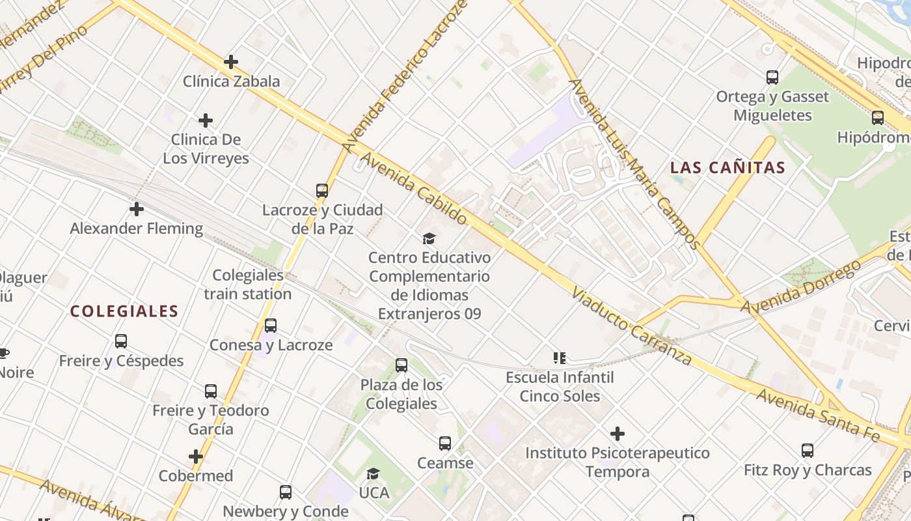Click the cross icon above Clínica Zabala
pos(231,62)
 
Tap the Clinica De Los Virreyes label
pos(206,148)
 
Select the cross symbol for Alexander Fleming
pos(137,209)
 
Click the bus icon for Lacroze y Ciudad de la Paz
pos(322,191)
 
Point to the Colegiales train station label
pos(248,285)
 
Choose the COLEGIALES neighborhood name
pos(124,311)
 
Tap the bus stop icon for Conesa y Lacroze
pos(271,326)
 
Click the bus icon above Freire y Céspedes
pos(121,341)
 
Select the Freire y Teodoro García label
pos(210,419)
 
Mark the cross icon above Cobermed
pos(196,457)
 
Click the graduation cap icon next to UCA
pos(373,474)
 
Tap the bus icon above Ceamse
pos(445,444)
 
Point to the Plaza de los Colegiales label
pos(401,394)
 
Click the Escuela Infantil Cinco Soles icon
pos(560,358)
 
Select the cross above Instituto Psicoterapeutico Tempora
pos(618,433)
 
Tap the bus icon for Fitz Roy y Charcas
pos(808,450)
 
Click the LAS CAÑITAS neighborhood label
pos(727,167)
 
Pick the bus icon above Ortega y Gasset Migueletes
pos(772,77)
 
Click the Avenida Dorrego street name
pos(804,287)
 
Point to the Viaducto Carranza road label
pos(631,327)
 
